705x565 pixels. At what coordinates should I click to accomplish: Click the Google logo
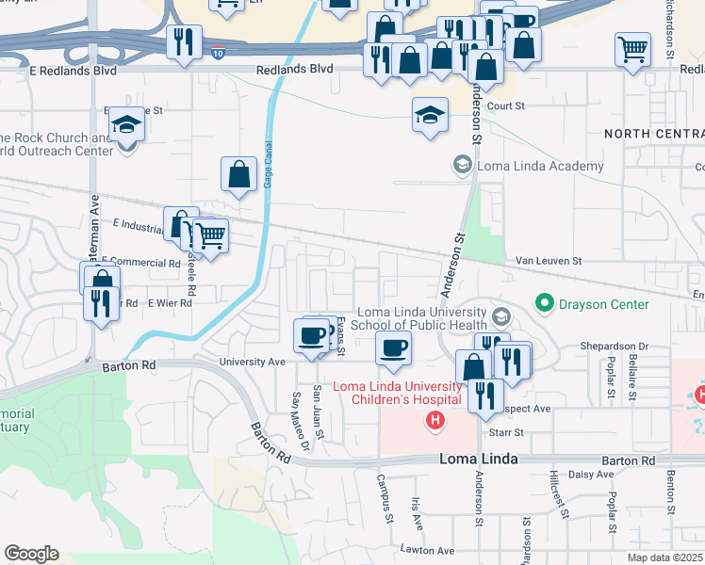click(31, 554)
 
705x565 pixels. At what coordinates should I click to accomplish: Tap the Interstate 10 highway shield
click(219, 55)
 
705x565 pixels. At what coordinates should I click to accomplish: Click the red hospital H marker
click(434, 420)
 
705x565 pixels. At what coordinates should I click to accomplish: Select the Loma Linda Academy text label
click(540, 167)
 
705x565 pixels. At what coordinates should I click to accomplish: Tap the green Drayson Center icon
click(544, 303)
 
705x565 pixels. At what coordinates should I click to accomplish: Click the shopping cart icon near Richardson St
click(633, 48)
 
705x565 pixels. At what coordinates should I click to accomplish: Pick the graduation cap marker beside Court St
click(430, 116)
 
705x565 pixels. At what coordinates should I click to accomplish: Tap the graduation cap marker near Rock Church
click(125, 124)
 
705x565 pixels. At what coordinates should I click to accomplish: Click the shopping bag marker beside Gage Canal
click(239, 173)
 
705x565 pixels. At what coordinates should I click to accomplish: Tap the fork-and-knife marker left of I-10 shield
click(181, 41)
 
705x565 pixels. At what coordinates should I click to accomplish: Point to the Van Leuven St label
click(549, 261)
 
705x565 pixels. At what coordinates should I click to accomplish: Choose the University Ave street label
click(252, 362)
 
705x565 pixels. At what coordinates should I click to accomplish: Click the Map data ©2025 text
click(665, 557)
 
